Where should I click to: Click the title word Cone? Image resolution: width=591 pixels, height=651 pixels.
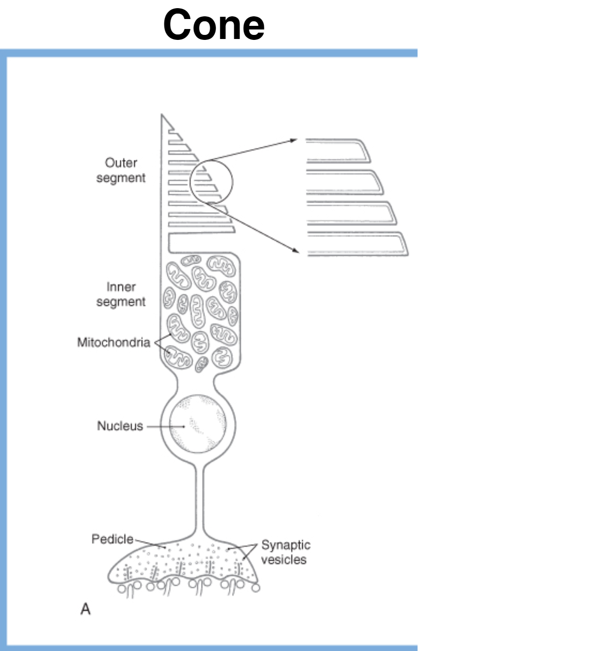213,25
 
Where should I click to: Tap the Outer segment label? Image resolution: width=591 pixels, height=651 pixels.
121,170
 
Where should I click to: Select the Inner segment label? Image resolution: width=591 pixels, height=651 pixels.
121,294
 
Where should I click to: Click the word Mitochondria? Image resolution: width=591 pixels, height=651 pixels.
114,342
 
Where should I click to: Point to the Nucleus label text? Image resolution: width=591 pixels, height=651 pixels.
120,426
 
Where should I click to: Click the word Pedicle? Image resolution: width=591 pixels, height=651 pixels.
112,539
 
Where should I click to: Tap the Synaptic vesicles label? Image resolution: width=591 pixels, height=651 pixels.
285,552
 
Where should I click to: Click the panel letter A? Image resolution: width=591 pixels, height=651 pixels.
85,609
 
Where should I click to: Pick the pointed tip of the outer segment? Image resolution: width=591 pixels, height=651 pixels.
162,117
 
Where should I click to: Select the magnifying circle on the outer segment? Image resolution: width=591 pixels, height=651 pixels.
211,181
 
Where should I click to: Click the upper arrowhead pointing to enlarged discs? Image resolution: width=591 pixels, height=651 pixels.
294,140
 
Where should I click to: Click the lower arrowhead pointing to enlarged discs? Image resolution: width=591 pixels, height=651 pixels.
296,250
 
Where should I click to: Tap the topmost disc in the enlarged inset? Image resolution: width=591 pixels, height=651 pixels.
338,151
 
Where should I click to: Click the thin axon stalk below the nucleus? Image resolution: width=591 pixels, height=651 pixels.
200,499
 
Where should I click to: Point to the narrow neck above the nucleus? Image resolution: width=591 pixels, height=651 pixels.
196,383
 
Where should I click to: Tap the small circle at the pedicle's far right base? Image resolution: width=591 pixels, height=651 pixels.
256,588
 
